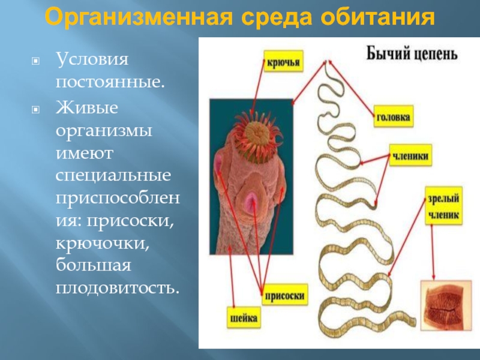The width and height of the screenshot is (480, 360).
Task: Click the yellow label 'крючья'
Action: pos(283,62)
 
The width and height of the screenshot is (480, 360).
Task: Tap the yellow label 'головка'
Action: pos(394,116)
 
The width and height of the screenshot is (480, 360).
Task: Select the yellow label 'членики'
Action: pos(410,155)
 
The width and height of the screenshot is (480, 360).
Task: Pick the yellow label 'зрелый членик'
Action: pos(443,206)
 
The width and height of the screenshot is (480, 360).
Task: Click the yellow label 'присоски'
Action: pos(284,295)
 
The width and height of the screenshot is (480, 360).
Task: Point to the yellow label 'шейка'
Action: pos(244,317)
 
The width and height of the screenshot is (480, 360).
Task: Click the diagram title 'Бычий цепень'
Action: pos(412,54)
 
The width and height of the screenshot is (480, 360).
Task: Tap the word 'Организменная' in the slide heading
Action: pos(139,17)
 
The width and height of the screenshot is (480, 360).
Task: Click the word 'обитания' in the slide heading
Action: pos(378,17)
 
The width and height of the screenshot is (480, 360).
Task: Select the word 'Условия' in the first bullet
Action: pos(92,58)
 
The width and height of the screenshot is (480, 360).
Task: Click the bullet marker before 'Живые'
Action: pos(36,110)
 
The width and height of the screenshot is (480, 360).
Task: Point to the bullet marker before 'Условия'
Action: pos(36,61)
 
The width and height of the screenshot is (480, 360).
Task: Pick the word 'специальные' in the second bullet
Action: pos(113,176)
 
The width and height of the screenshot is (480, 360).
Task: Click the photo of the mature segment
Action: pos(446,305)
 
